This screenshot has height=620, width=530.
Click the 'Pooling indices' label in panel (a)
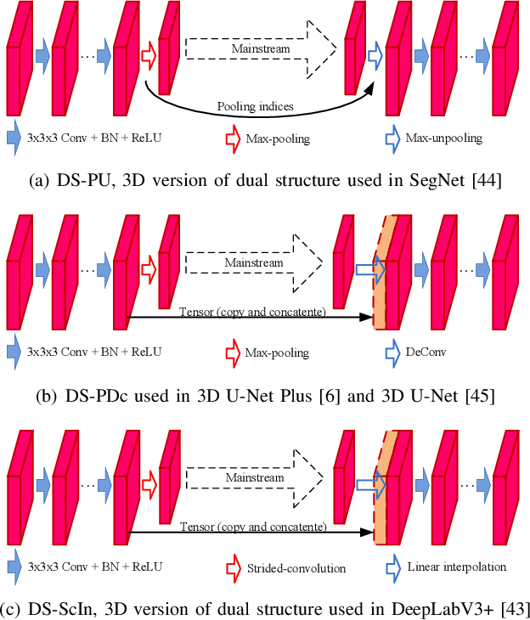tap(254, 107)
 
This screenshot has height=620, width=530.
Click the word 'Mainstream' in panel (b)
tap(253, 263)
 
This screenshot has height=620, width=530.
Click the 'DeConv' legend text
tap(423, 351)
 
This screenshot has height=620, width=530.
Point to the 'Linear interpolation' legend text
tap(456, 566)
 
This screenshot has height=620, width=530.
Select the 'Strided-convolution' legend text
tap(291, 566)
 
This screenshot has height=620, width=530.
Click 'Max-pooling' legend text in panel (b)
tap(277, 352)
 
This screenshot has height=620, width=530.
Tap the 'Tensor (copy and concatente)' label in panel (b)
tap(252, 313)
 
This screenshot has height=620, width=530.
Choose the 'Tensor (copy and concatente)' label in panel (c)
tap(253, 527)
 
